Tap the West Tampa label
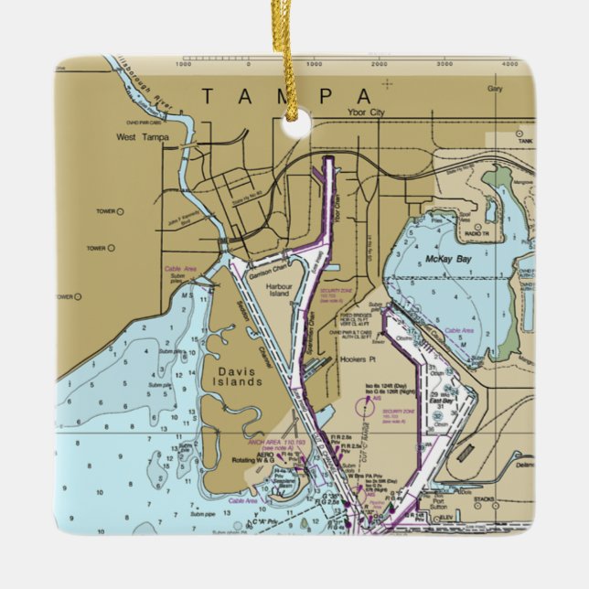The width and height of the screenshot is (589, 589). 143,138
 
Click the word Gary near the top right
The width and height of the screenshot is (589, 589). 495,90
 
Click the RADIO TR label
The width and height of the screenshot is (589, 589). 477,235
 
